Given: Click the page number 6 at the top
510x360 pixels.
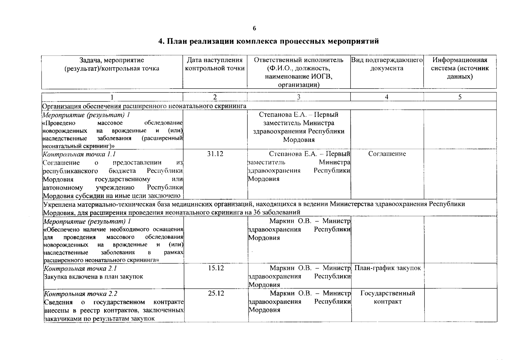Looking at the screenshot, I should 254,28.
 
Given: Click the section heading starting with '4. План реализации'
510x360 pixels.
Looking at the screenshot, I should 268,41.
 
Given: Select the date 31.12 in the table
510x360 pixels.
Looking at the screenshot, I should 215,154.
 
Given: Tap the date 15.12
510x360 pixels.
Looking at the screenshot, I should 216,268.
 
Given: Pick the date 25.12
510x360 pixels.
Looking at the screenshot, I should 216,293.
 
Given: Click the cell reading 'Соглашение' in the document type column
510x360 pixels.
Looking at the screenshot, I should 387,154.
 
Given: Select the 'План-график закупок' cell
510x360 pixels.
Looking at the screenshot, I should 387,268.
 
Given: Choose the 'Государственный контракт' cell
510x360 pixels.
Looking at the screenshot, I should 387,297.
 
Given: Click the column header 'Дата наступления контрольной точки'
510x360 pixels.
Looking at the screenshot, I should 215,64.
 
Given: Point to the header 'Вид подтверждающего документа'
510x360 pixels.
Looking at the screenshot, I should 387,64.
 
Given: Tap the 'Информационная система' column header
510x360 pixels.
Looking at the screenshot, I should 460,68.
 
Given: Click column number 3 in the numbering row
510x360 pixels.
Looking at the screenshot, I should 299,97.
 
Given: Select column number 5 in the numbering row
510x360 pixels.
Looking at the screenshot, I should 460,97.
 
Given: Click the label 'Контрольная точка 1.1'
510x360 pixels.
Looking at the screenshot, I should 79,154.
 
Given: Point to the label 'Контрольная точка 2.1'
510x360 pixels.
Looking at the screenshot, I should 80,268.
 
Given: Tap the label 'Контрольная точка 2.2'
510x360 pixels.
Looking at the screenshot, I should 80,293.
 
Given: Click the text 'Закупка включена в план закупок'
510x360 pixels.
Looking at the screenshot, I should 93,276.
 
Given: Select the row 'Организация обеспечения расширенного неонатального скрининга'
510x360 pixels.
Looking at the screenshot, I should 144,106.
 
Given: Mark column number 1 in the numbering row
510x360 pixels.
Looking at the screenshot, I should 112,97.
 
